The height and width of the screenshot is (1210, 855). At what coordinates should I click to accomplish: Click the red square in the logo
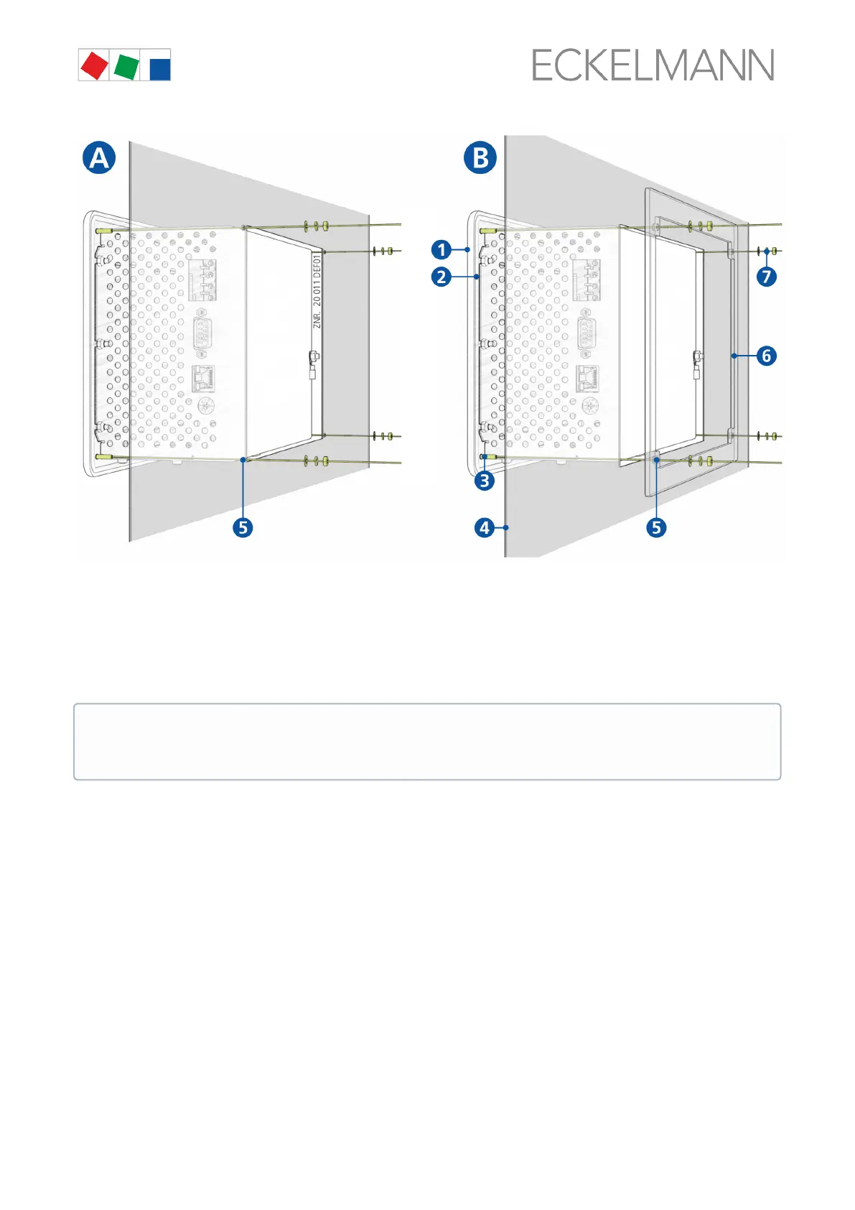[x=94, y=66]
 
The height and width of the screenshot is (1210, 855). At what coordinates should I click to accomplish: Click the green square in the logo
[x=126, y=66]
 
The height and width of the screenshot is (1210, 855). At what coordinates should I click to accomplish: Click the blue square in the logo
[x=159, y=68]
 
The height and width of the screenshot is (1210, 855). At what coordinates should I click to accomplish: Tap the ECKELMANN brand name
[x=653, y=66]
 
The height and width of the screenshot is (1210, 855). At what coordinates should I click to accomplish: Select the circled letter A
[x=99, y=157]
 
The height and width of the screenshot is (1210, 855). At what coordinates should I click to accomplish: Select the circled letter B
[x=480, y=157]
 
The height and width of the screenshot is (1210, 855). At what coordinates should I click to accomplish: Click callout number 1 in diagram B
[x=441, y=250]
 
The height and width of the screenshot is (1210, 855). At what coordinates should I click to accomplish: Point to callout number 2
[x=441, y=277]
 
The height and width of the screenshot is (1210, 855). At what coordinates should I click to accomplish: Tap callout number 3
[x=485, y=481]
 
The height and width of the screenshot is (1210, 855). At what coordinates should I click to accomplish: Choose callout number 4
[x=485, y=527]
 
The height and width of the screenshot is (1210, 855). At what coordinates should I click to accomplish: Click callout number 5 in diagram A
[x=243, y=527]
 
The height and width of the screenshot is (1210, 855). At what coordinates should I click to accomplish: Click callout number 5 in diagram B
[x=656, y=527]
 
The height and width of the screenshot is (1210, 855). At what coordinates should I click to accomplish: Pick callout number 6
[x=767, y=356]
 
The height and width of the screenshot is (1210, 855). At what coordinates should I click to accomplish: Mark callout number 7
[x=767, y=277]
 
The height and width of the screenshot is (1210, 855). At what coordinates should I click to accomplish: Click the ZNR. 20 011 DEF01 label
[x=317, y=291]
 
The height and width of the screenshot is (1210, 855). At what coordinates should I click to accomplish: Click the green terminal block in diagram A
[x=202, y=278]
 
